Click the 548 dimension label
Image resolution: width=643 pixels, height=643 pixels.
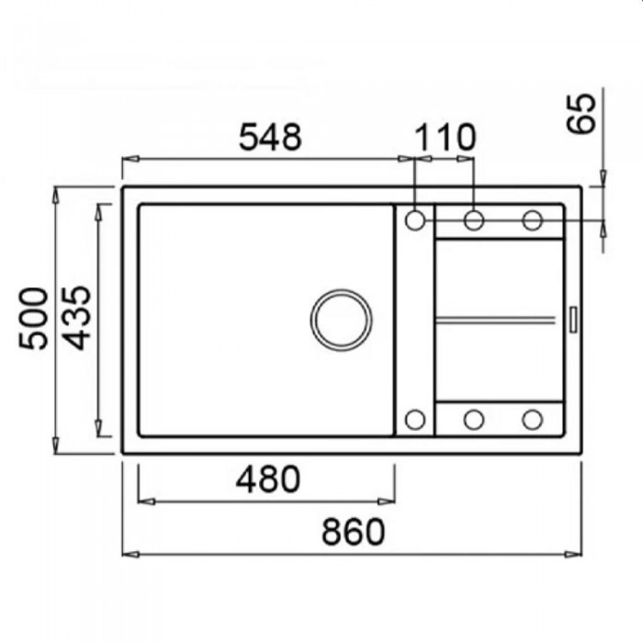click(x=270, y=137)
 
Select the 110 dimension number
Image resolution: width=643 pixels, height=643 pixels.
click(x=446, y=137)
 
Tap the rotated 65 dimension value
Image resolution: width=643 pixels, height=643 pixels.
click(x=581, y=113)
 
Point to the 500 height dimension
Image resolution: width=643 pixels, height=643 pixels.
click(x=33, y=319)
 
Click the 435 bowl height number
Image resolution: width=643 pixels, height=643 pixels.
click(x=76, y=318)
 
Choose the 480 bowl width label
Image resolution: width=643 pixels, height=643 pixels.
click(x=268, y=479)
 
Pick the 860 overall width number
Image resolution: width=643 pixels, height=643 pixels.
click(x=353, y=532)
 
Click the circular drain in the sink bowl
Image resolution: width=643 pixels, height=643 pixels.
click(x=341, y=320)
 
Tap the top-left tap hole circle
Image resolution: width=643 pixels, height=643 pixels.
click(x=415, y=220)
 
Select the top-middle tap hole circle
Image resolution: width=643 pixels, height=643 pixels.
click(x=474, y=220)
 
